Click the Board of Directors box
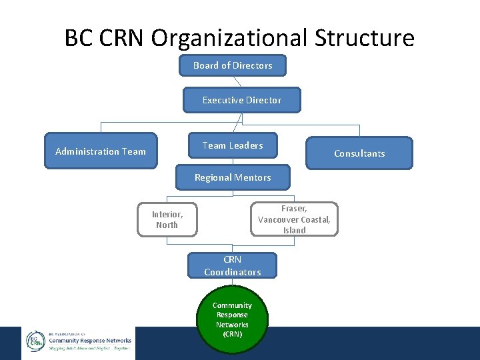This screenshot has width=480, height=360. tap(233, 65)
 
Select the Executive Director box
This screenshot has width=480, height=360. tap(242, 100)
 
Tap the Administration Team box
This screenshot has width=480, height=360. tap(100, 151)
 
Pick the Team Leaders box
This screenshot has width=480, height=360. tap(233, 145)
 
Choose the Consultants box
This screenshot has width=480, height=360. tap(359, 153)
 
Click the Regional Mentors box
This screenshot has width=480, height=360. tap(233, 177)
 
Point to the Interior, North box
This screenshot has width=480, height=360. tap(167, 219)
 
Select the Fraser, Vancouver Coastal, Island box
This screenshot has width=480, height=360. tap(294, 219)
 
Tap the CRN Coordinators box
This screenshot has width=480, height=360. tap(232, 265)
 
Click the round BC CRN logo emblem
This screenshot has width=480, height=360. tap(35, 341)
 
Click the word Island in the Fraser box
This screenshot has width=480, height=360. tap(294, 230)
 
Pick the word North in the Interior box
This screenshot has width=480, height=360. tap(167, 225)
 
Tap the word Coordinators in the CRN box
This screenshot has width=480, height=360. tap(232, 272)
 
